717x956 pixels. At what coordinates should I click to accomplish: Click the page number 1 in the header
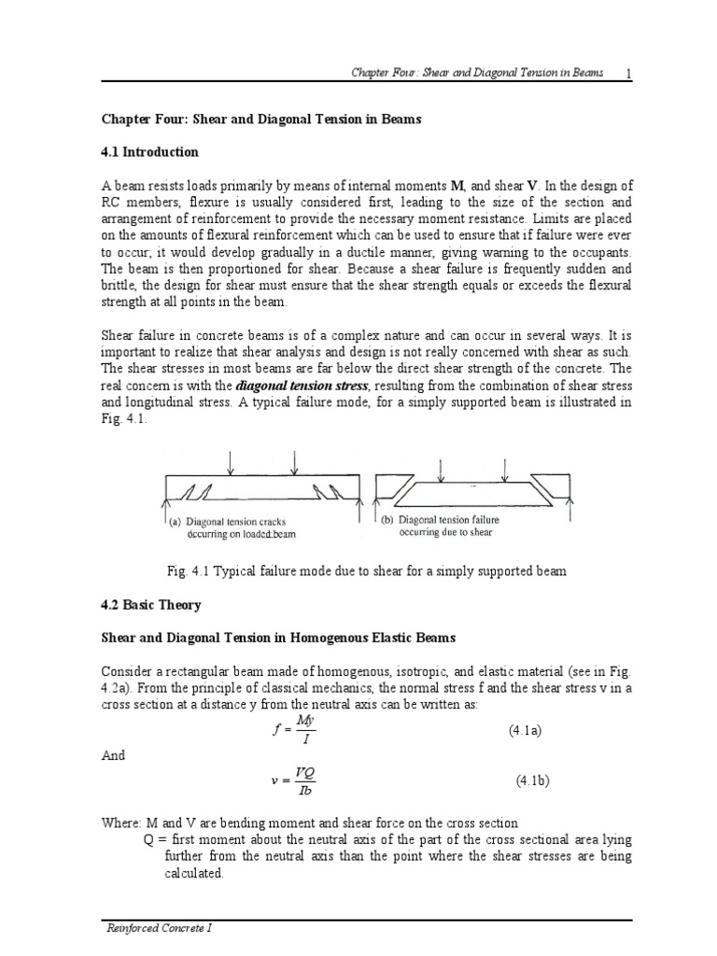[x=629, y=73]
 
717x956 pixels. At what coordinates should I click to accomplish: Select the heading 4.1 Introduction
[x=149, y=151]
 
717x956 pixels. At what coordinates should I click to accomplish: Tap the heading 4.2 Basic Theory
[x=150, y=605]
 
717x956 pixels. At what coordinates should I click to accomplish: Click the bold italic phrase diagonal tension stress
[x=289, y=386]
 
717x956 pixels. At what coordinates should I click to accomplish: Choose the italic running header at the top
[x=476, y=73]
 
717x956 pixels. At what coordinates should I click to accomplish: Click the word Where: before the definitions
[x=121, y=822]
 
